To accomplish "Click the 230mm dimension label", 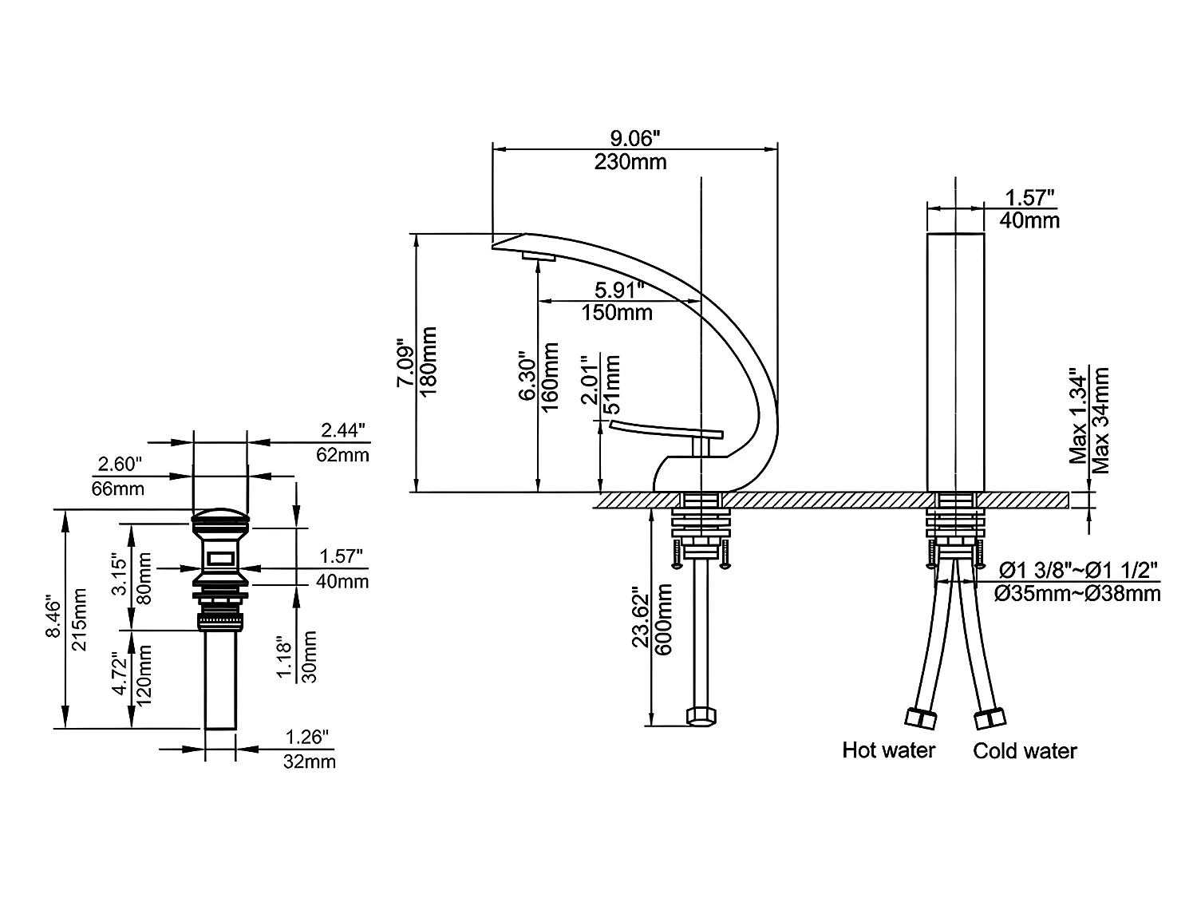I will click(630, 162).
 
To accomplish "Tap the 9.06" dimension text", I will click(630, 139).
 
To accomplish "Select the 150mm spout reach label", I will click(617, 312).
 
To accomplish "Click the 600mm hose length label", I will click(663, 619).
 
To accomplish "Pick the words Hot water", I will click(888, 750).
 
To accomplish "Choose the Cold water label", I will click(1025, 751).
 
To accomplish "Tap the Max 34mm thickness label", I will click(1101, 420).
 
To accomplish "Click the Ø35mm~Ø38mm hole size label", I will click(1080, 594).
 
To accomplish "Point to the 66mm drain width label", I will click(118, 488).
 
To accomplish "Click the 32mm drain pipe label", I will click(310, 762).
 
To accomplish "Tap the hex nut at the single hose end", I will click(701, 716).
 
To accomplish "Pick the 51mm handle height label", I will click(613, 382).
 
